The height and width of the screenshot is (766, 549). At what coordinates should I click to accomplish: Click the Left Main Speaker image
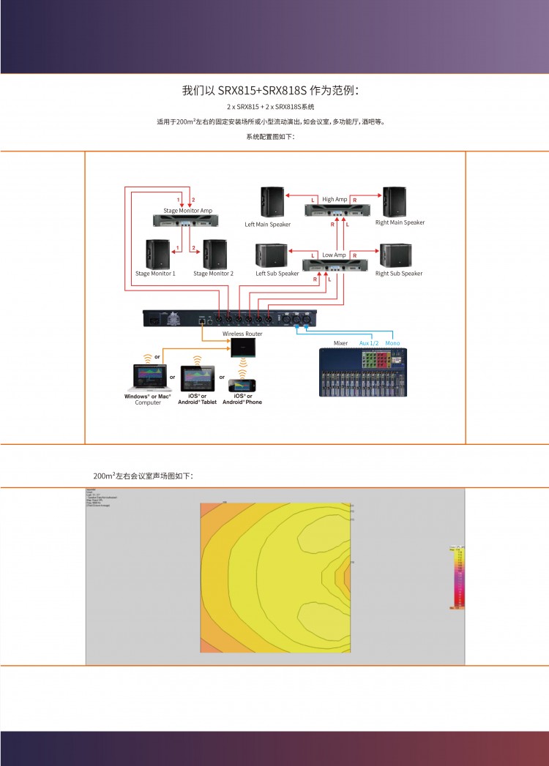pos(272,202)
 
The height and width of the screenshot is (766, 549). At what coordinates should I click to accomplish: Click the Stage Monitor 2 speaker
pos(214,254)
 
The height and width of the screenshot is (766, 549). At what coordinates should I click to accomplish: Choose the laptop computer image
pos(147,378)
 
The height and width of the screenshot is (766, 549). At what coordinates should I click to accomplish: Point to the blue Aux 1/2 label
pos(369,342)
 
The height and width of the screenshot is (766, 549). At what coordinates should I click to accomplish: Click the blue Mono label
pos(392,342)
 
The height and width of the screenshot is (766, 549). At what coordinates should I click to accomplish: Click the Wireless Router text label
pos(242,334)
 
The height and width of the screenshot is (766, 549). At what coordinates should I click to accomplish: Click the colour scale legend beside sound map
pos(457,577)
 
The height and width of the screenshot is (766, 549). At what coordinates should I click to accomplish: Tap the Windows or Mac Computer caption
pos(147,399)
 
